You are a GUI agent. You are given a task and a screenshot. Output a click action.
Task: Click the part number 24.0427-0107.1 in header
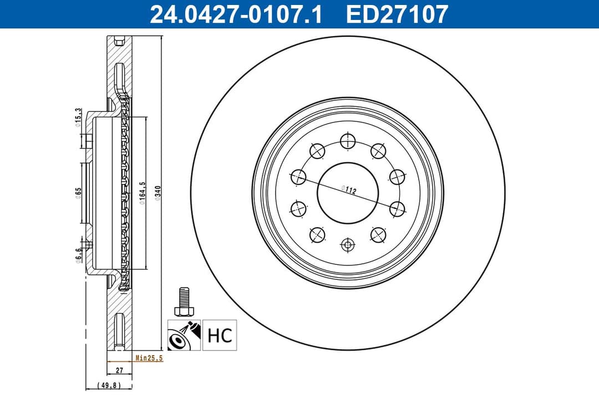(236, 14)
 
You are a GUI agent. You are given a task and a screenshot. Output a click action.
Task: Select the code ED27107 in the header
(397, 14)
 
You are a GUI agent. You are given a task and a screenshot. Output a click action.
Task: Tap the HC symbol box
(220, 335)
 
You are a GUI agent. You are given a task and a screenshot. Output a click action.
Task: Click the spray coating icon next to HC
(184, 335)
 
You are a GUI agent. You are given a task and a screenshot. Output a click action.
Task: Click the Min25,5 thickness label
(149, 359)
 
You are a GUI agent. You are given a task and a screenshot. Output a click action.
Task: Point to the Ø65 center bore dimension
(79, 192)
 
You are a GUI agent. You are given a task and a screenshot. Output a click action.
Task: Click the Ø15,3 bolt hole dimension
(79, 118)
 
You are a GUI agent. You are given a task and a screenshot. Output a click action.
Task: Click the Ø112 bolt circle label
(349, 190)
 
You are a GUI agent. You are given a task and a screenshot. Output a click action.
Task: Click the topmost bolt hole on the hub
(348, 141)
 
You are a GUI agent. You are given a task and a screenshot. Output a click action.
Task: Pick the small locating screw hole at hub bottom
(348, 244)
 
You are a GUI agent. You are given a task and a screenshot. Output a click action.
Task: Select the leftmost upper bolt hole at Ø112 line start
(299, 177)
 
